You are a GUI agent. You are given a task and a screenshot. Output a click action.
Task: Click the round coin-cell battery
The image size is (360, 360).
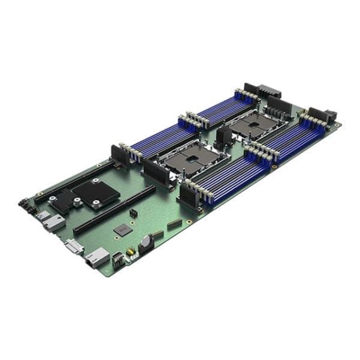click(x=146, y=242)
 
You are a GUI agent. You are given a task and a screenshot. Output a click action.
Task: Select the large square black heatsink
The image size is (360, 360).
click(x=95, y=193)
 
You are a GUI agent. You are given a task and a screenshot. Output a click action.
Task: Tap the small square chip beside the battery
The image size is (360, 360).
click(x=123, y=229)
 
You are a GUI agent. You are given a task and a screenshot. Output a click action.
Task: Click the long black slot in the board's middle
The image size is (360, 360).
click(x=114, y=210)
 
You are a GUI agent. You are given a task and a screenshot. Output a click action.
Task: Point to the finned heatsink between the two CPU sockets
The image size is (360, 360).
click(x=224, y=137)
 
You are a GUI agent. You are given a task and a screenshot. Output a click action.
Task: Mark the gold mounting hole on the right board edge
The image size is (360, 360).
click(x=274, y=166)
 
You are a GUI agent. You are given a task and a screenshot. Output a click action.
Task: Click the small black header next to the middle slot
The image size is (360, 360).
click(x=133, y=213)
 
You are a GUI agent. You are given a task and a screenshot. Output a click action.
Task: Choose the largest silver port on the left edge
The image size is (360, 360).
click(x=53, y=222)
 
